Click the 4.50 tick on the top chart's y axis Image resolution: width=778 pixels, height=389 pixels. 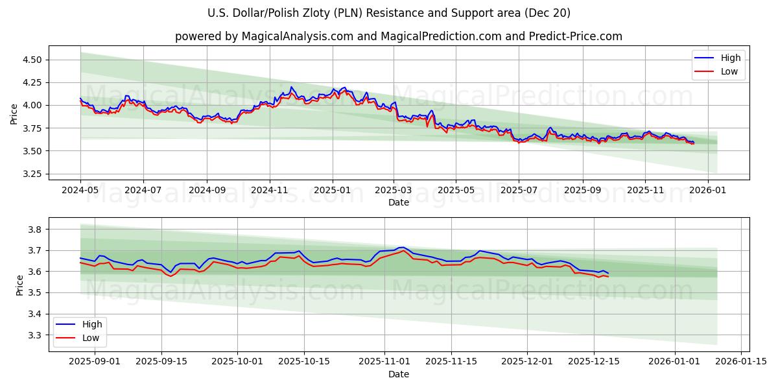[x=31, y=60]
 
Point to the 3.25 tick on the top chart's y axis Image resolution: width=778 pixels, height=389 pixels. [x=31, y=174]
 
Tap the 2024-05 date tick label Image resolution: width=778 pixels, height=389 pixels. [x=80, y=190]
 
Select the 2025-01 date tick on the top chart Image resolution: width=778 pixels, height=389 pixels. [x=333, y=190]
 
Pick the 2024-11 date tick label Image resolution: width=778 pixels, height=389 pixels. [x=270, y=190]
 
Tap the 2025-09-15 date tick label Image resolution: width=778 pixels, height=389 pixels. [x=161, y=361]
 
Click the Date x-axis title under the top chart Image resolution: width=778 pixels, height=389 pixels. [x=398, y=202]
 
